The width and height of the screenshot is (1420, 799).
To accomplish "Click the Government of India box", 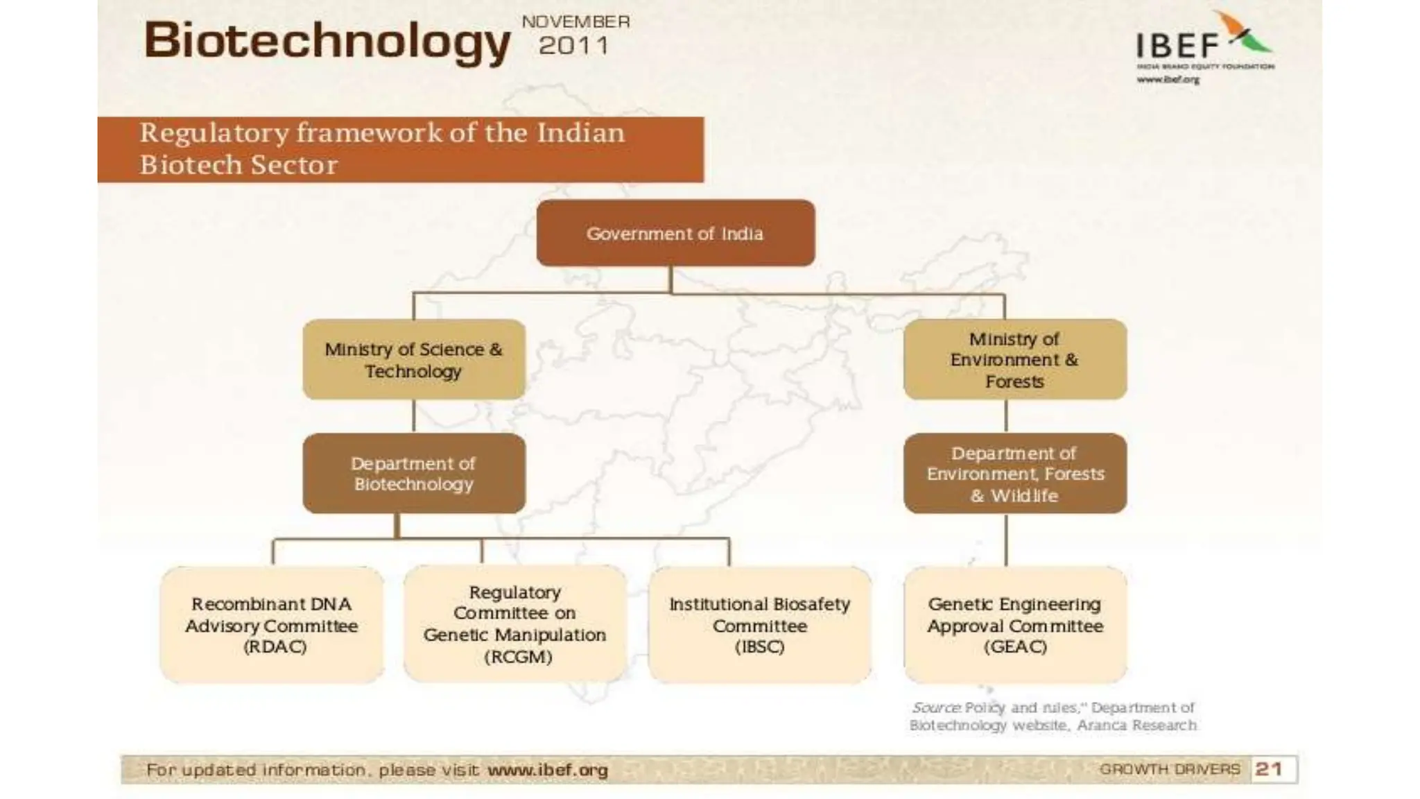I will tap(675, 233).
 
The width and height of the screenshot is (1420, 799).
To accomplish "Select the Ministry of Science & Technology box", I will tap(414, 359).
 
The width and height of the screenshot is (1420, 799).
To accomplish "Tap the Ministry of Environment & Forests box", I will tap(1014, 359).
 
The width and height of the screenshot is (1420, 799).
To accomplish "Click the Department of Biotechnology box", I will tap(414, 474).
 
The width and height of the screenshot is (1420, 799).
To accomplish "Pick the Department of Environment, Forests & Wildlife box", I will tap(1014, 474).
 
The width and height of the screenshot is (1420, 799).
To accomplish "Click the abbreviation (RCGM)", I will tap(517, 657).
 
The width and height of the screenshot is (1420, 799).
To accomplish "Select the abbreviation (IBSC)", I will tap(759, 647).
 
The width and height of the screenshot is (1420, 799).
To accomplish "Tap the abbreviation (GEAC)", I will tap(1014, 647).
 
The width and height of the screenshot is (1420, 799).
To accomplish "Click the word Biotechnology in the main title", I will tap(327, 40).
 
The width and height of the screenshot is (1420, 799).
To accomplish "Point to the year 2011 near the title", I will tap(573, 46).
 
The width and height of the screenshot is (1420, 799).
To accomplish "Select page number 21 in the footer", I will tap(1269, 769).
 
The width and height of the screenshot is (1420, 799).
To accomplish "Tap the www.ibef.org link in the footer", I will tap(548, 771).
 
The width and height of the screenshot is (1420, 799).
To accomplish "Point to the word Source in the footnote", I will tap(935, 708).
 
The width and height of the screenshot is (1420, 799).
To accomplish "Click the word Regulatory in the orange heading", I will tap(214, 132).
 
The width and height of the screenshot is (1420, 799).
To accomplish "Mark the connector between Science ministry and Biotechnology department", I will tap(414, 416).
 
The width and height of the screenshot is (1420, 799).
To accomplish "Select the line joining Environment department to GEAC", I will tap(1005, 540).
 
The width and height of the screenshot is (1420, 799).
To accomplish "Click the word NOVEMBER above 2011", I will tap(575, 22).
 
